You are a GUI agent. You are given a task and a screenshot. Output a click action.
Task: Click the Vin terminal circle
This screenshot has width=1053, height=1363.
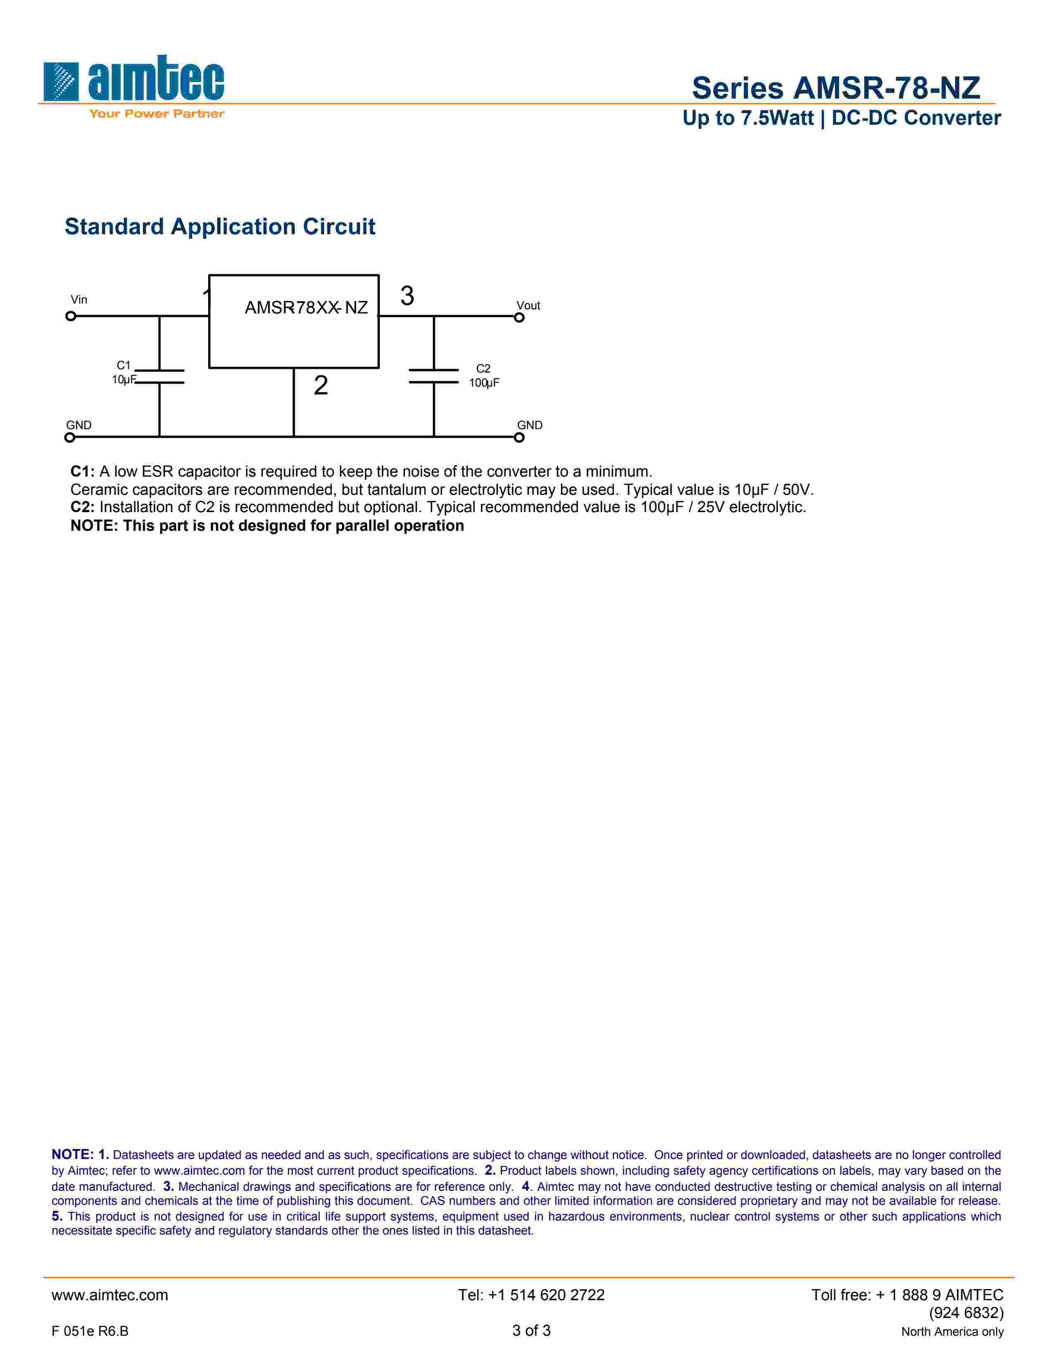click(71, 316)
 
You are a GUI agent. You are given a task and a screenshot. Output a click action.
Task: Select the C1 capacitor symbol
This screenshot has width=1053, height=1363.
click(160, 376)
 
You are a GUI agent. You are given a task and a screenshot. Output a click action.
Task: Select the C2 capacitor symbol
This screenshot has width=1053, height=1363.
click(434, 376)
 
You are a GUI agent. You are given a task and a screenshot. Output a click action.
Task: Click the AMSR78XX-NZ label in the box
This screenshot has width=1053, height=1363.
click(306, 308)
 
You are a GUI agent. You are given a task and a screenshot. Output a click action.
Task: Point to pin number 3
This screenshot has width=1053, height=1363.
click(407, 296)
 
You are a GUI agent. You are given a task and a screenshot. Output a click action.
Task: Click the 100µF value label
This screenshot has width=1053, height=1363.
click(484, 383)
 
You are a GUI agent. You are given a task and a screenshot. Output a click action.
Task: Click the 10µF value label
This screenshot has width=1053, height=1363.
click(123, 380)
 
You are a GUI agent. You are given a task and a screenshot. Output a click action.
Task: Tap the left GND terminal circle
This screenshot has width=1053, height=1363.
click(70, 437)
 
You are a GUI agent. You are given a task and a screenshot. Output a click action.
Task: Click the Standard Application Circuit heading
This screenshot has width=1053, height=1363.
click(220, 226)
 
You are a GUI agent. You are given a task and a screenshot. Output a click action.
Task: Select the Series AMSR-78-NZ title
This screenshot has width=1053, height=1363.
click(836, 88)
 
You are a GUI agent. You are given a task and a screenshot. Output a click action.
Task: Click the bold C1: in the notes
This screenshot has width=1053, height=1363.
click(82, 471)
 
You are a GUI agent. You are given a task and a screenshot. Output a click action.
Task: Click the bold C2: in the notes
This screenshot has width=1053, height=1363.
click(82, 507)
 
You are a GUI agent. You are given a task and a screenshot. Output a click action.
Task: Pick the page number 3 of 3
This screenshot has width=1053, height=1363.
click(531, 1330)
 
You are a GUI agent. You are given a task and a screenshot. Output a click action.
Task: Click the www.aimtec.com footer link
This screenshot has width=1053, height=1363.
click(110, 1295)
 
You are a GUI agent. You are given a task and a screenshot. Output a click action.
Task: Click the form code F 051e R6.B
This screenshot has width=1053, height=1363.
click(90, 1331)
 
